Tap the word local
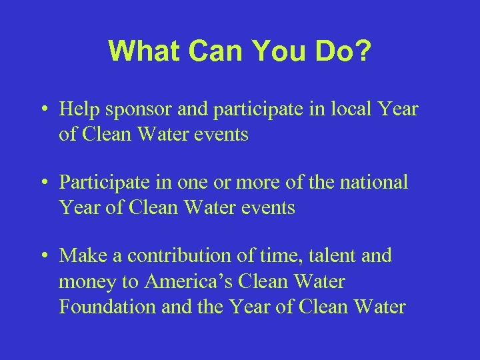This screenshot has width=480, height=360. click(351, 109)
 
